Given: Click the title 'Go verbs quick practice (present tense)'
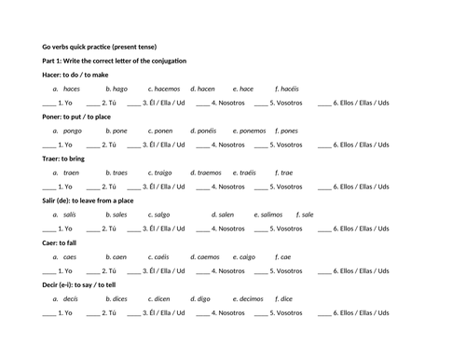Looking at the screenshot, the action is (104, 46).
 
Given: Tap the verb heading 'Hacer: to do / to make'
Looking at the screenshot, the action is (75, 75).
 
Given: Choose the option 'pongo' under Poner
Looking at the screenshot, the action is (74, 131).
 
